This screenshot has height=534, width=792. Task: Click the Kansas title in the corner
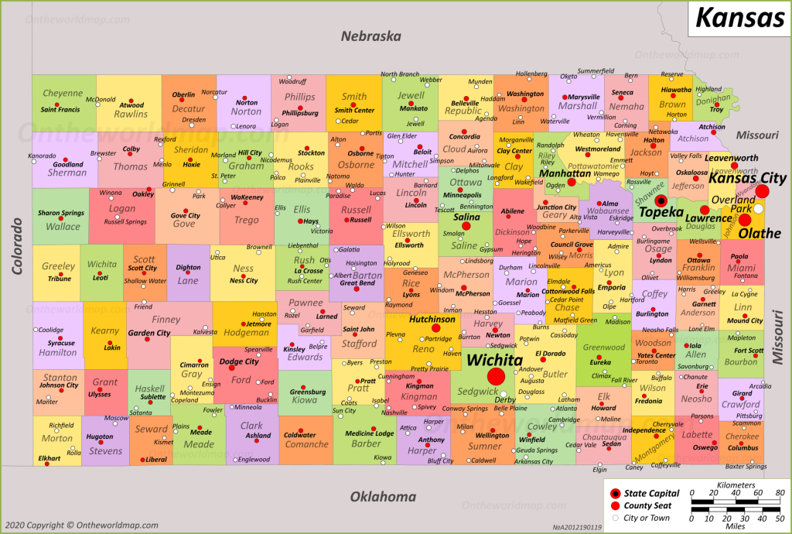(x=739, y=17)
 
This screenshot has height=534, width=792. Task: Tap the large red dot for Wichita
(x=496, y=376)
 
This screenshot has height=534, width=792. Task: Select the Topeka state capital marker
(x=661, y=200)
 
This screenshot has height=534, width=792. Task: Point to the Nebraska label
(x=372, y=36)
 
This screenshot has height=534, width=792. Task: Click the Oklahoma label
(x=383, y=497)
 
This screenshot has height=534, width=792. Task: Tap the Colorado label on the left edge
(x=15, y=245)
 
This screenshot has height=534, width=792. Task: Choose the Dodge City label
(x=239, y=361)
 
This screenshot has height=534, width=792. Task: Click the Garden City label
(x=149, y=333)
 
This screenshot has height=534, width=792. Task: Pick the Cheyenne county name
(x=63, y=94)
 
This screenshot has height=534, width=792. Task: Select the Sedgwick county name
(x=478, y=392)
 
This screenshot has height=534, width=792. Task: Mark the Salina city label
(x=466, y=217)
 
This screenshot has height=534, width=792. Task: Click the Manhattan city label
(x=565, y=174)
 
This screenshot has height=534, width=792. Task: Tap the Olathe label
(x=760, y=233)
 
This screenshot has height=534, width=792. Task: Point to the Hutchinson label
(x=432, y=319)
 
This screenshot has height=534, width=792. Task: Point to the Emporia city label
(x=613, y=287)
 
